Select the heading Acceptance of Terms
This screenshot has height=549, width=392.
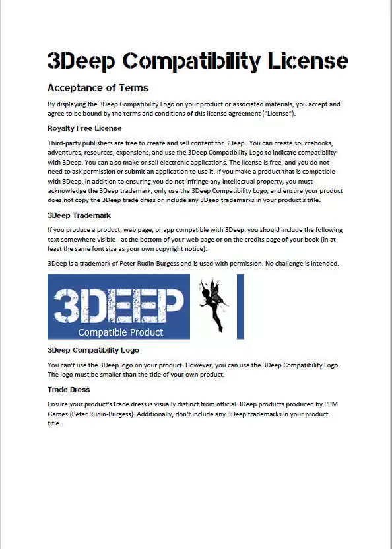coord(98,88)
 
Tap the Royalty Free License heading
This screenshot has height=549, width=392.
coord(84,128)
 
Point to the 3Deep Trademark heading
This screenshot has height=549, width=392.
coord(79,215)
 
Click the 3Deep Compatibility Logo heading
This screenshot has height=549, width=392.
coord(93,350)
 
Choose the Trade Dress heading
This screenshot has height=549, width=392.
coord(69,390)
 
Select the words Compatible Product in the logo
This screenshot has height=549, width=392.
coord(120,332)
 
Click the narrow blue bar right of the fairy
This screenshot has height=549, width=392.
coord(240,307)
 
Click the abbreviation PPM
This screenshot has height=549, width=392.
coord(335,403)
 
